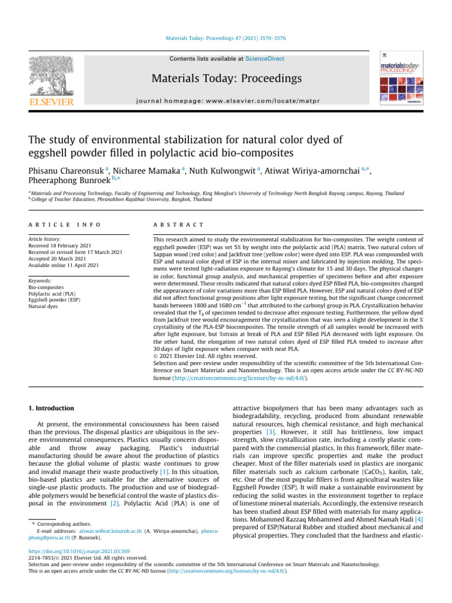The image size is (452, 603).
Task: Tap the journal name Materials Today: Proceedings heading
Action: point(227,78)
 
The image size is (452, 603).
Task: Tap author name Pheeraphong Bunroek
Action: point(66,182)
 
